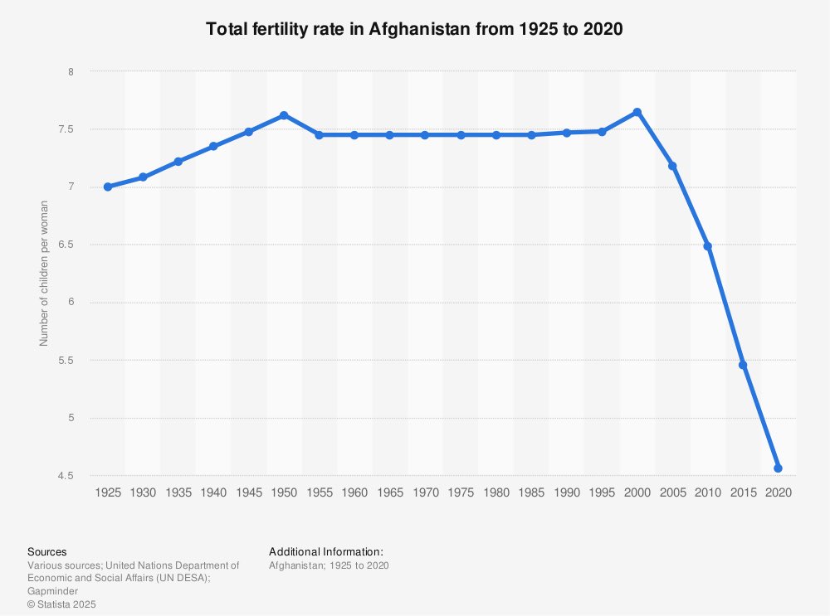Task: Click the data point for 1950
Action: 284,115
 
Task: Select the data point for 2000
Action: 637,112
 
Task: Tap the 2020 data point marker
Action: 779,468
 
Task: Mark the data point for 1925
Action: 108,187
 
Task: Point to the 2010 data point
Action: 708,246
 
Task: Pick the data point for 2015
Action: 743,366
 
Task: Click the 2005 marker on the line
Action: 673,166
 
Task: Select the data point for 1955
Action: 320,135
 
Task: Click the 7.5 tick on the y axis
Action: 66,129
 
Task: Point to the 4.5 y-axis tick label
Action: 66,476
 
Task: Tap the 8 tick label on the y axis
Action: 71,72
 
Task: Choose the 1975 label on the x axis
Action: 461,492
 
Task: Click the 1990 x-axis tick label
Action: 567,492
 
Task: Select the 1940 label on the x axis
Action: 213,492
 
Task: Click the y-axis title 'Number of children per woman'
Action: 44,274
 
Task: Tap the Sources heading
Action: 47,552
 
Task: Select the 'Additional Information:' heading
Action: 326,552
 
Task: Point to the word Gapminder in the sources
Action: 53,591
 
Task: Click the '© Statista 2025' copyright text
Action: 62,604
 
